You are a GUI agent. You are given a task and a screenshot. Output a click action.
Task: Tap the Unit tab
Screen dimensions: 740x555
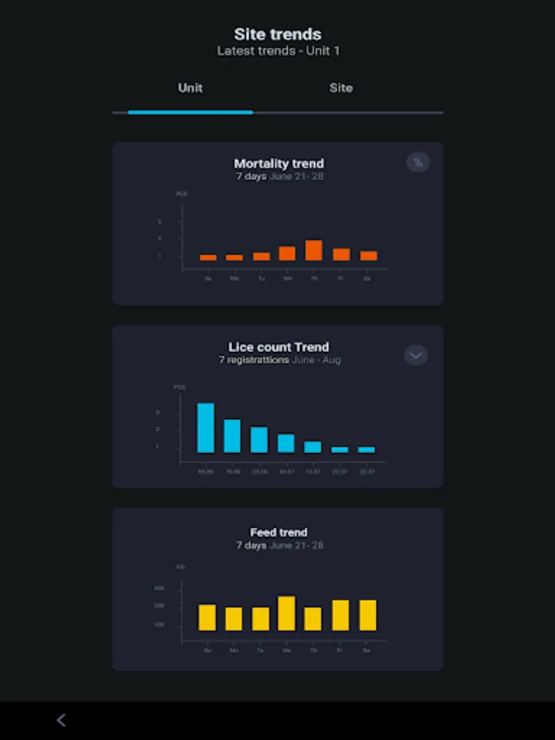(190, 88)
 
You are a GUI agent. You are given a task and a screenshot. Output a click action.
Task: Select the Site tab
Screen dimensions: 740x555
(340, 88)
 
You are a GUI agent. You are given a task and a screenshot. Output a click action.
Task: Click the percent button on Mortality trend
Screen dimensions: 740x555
(418, 162)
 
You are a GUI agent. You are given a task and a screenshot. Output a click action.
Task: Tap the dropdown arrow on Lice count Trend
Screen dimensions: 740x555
(416, 355)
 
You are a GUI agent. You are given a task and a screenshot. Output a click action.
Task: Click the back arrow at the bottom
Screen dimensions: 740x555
(61, 720)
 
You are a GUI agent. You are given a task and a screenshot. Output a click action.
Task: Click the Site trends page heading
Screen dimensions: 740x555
(278, 35)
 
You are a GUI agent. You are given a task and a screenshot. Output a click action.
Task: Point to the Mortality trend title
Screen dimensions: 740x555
(279, 164)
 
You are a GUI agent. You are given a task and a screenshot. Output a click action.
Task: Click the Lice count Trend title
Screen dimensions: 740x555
(279, 347)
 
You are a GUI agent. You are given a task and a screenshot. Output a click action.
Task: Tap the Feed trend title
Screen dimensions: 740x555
(279, 532)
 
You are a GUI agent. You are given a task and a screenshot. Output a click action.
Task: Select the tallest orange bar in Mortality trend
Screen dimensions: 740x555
(313, 250)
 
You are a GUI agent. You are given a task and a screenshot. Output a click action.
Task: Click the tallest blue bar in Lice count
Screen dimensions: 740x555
(206, 428)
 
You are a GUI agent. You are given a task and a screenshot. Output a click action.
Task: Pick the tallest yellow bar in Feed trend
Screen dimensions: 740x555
(286, 613)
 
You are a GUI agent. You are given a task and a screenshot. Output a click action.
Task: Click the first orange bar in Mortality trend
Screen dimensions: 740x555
(208, 257)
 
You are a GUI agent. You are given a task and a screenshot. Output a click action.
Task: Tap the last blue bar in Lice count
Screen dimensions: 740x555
(366, 450)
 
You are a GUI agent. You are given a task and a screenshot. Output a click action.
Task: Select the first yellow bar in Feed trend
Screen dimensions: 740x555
(207, 617)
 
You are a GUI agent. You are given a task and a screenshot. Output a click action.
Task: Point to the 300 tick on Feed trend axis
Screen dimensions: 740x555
(159, 588)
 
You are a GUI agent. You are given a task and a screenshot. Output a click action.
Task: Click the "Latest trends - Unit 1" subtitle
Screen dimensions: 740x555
(278, 51)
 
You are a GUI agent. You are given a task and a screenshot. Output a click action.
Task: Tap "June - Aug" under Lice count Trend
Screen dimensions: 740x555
(317, 360)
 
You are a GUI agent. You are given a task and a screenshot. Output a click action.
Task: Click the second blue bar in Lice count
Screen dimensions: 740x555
(232, 436)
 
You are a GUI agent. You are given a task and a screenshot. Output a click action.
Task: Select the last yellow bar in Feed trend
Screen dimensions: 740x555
(368, 615)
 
